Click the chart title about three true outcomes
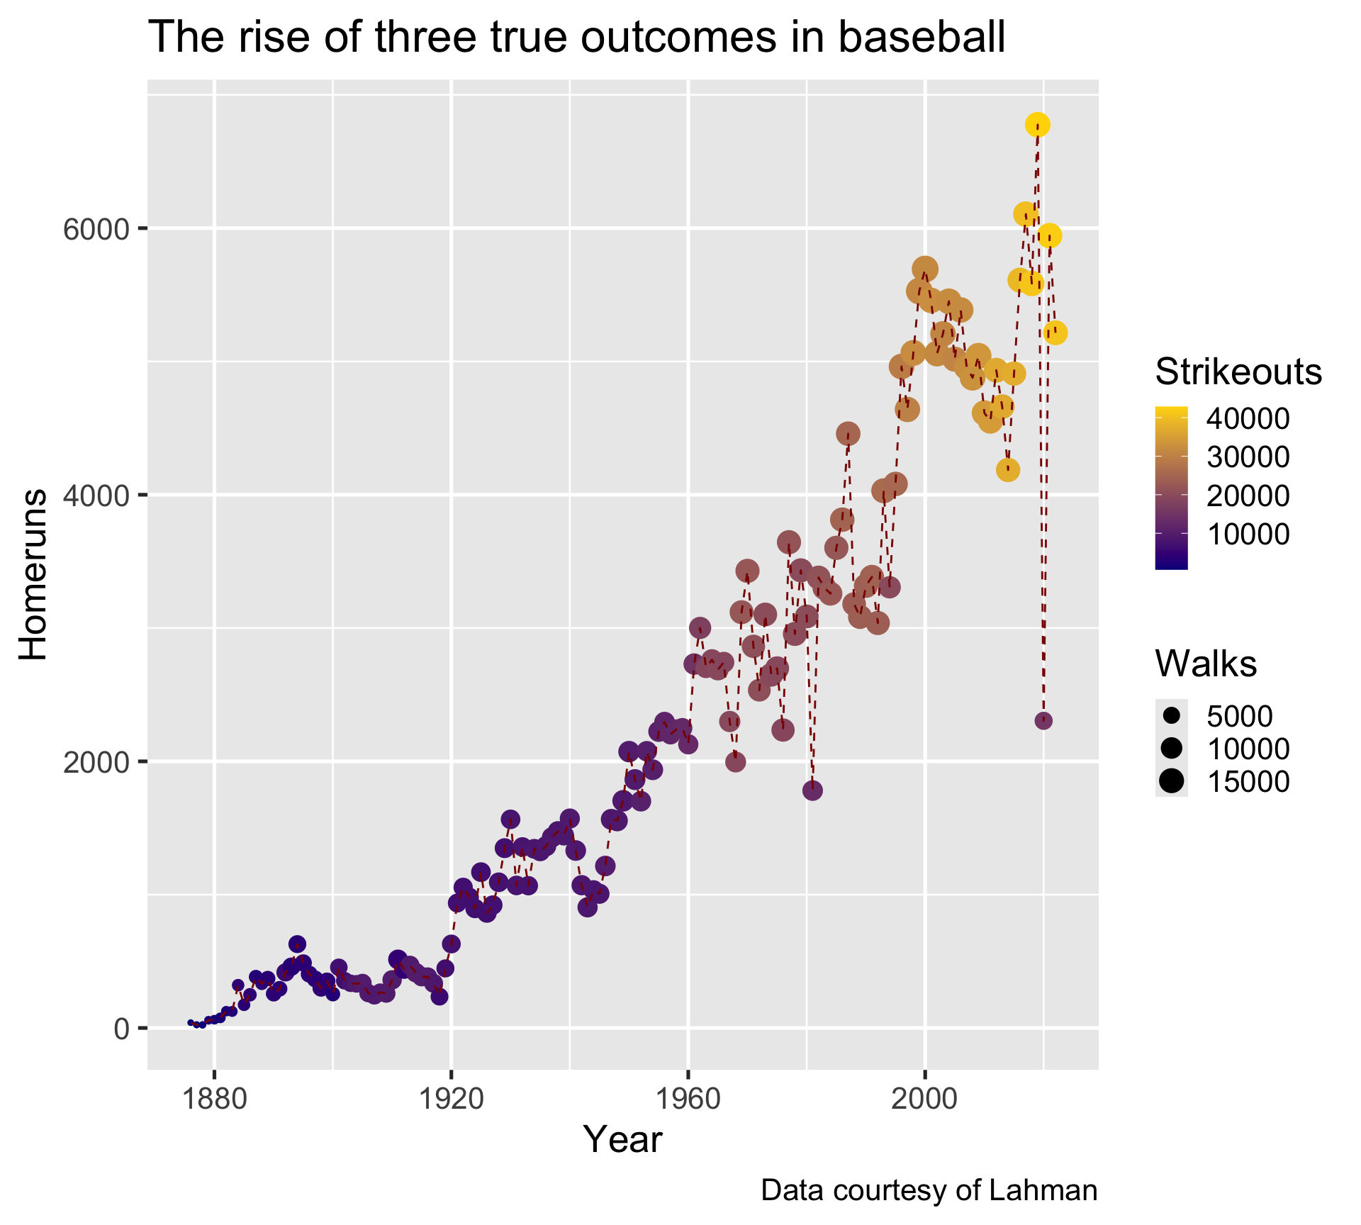coord(576,38)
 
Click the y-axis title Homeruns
coord(33,574)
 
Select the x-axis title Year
coord(622,1140)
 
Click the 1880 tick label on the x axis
coord(214,1101)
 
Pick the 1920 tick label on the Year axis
coord(451,1101)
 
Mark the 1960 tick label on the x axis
coord(688,1101)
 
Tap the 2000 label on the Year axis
coord(924,1101)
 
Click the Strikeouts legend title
coord(1238,372)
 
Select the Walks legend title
coord(1206,664)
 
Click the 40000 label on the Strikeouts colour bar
coord(1248,419)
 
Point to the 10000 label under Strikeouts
coord(1248,535)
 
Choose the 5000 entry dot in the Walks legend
coord(1172,715)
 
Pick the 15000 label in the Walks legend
coord(1248,781)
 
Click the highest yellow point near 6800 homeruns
coord(1037,125)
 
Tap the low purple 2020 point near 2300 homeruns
coord(1043,721)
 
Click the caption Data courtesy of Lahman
coord(929,1191)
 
